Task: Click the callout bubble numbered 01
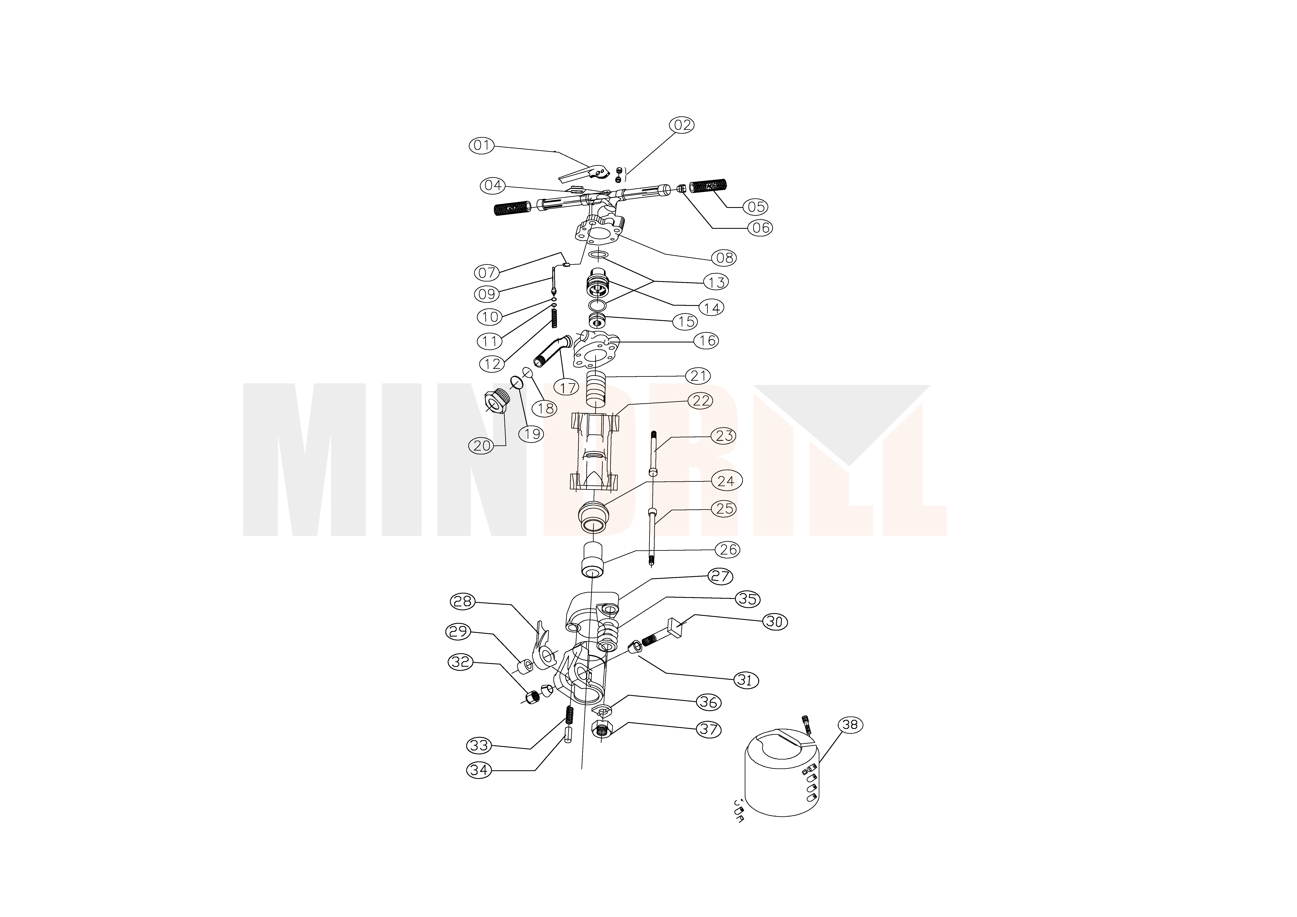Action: coord(482,146)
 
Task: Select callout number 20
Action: coord(482,446)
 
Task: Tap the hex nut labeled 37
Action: coord(603,729)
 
